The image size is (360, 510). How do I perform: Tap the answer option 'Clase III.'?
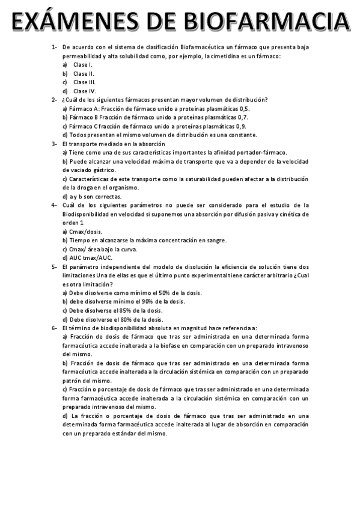(84, 82)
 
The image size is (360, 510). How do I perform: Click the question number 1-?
(54, 47)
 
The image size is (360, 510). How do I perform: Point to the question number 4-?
(54, 205)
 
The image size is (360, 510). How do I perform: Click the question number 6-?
(54, 328)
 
